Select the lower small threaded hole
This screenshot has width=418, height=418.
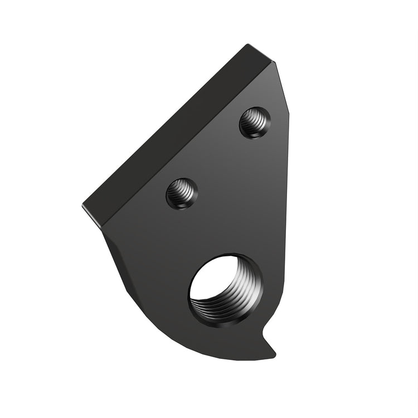(182, 193)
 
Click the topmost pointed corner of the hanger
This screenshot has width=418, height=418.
(246, 46)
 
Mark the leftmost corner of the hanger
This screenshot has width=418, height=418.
(84, 205)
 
